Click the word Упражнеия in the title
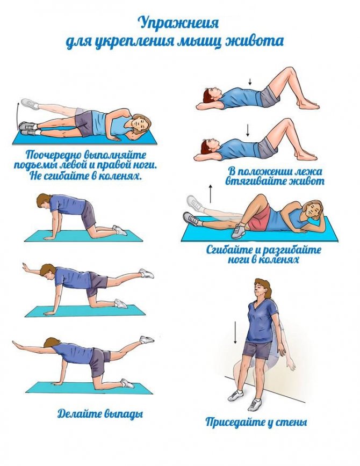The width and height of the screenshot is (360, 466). [179, 24]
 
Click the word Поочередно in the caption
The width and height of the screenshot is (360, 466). [53, 156]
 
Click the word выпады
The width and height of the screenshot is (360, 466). [124, 414]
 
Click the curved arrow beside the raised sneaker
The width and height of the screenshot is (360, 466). [17, 114]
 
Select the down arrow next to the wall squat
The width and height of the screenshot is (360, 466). [235, 332]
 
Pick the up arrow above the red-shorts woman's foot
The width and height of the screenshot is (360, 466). [211, 193]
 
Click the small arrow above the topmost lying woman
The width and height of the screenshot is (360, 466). [250, 82]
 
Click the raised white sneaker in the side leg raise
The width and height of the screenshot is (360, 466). [30, 104]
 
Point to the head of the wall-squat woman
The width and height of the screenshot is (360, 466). [262, 289]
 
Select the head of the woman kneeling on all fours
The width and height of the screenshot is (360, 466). [45, 203]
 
